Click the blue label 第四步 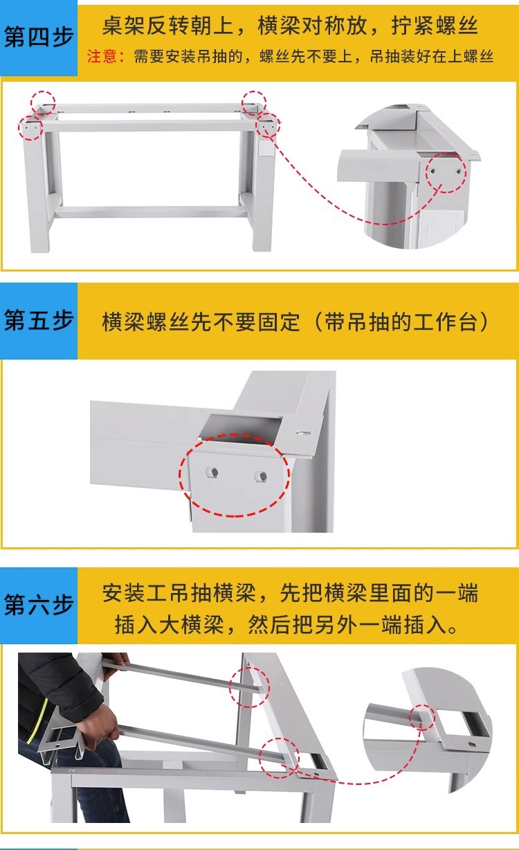point(38,37)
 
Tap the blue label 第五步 point(38,320)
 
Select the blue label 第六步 point(38,604)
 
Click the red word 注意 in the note point(102,57)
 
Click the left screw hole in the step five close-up point(212,472)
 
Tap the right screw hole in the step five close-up point(260,475)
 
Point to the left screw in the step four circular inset point(432,171)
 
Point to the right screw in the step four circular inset point(458,172)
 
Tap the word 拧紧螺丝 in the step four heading point(435,26)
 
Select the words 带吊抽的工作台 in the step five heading point(401,322)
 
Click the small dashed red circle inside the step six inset point(421,717)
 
